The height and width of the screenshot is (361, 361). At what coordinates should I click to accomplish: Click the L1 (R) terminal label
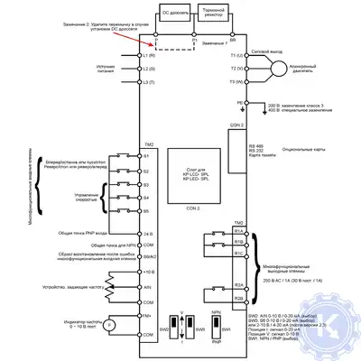click(x=150, y=56)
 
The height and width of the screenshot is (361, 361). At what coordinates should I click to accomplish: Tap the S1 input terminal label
click(x=146, y=155)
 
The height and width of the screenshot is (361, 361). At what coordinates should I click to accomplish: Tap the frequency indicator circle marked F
click(x=110, y=323)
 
